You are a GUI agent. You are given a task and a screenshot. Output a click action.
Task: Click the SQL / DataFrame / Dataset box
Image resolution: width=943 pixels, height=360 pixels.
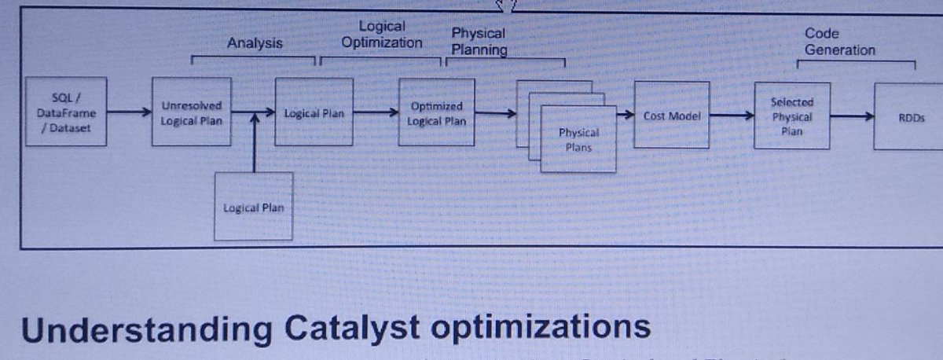coord(66,112)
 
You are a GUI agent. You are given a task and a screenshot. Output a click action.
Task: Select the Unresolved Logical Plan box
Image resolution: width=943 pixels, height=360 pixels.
coord(192,112)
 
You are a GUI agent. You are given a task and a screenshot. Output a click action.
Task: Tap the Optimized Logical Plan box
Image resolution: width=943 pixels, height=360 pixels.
coord(437,112)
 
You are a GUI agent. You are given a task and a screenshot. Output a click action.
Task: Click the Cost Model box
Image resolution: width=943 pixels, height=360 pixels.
coord(666,116)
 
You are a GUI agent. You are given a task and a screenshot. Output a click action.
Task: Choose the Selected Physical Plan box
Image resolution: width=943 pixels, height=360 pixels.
coord(791,115)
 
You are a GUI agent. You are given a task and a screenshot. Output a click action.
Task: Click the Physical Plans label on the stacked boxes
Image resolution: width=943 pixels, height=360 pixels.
coord(578,139)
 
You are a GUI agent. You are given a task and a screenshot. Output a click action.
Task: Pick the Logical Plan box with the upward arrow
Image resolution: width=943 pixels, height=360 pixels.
coord(253,208)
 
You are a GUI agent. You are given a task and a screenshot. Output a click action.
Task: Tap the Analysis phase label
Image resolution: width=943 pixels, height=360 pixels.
coord(255,43)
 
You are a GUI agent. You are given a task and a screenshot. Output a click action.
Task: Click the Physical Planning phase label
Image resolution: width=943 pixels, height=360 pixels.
coord(479,42)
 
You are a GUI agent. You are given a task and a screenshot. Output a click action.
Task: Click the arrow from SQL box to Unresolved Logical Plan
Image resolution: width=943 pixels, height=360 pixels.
coord(128,112)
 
